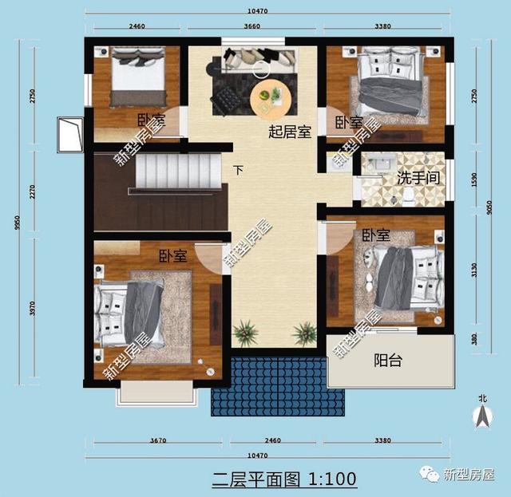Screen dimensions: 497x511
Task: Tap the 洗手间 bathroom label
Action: tap(418, 176)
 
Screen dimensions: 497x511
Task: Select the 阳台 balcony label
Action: tap(388, 360)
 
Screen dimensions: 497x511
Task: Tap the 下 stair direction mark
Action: tap(238, 170)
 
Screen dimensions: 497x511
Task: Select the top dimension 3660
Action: tap(252, 26)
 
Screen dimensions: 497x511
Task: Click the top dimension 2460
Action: tap(137, 26)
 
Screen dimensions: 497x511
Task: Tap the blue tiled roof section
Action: tap(269, 386)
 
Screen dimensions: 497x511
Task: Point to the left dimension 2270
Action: tap(33, 191)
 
